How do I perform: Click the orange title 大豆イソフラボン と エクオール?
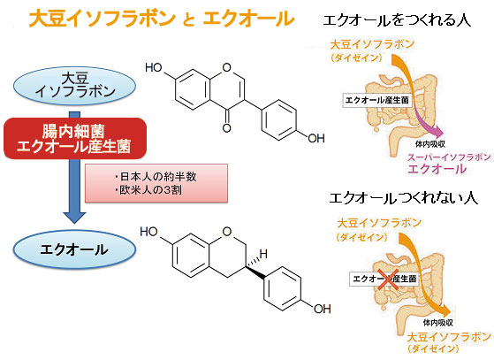[x=162, y=19]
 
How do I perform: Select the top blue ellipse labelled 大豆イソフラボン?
[x=74, y=85]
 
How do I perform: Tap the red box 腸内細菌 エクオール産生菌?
[x=75, y=138]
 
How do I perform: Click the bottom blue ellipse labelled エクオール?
[x=74, y=249]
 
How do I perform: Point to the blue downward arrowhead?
[x=74, y=217]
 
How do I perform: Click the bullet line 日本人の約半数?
[x=156, y=177]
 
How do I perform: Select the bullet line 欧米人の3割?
[x=148, y=190]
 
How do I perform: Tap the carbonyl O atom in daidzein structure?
[x=226, y=127]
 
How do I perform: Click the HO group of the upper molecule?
[x=154, y=67]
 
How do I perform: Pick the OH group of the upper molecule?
[x=316, y=138]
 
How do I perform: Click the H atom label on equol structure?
[x=263, y=254]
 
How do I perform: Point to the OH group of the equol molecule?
[x=322, y=309]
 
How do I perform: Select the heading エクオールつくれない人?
[x=404, y=198]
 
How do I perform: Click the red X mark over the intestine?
[x=388, y=279]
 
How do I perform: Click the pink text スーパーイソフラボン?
[x=449, y=157]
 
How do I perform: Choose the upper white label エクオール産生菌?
[x=376, y=101]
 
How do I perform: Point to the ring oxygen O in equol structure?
[x=227, y=232]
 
